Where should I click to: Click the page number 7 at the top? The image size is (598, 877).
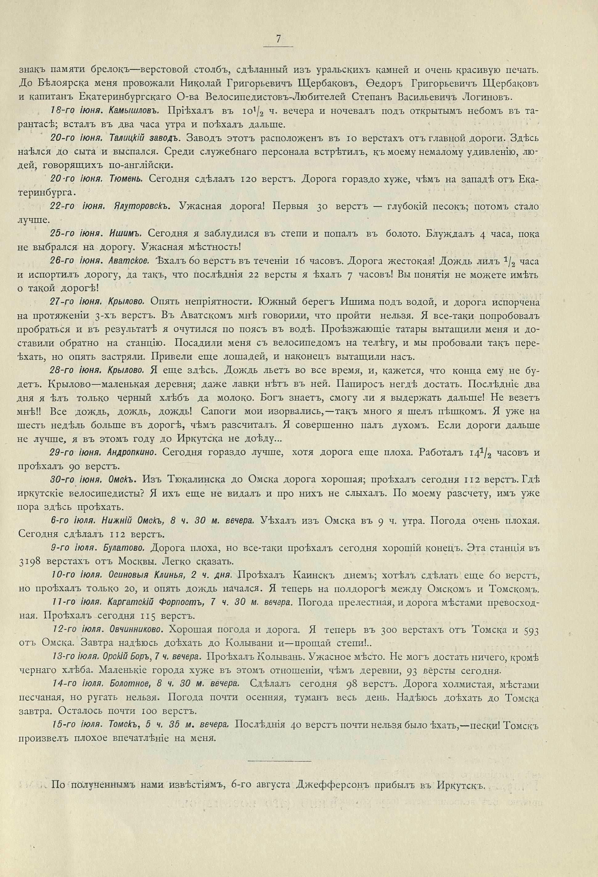pyautogui.click(x=278, y=39)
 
